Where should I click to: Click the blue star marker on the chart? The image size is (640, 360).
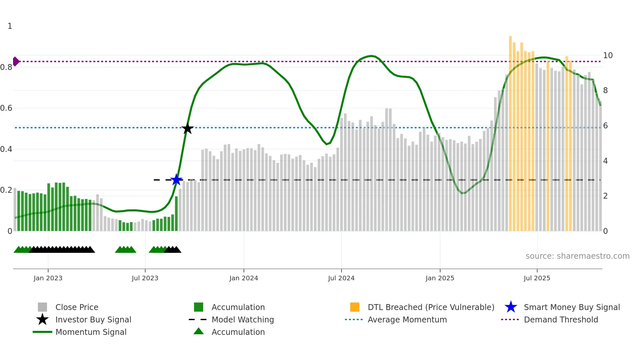[176, 180]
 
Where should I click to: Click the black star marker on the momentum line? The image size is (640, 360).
[187, 128]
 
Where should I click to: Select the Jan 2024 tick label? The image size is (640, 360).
[244, 278]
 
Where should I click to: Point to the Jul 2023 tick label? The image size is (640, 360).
[145, 278]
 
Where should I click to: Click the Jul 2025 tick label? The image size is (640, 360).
[537, 278]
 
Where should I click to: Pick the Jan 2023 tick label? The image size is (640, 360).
[48, 278]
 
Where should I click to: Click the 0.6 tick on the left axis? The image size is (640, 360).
[7, 108]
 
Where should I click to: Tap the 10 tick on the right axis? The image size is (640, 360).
[608, 56]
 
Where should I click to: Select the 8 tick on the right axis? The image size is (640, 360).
[605, 90]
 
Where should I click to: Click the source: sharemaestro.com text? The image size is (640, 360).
[577, 256]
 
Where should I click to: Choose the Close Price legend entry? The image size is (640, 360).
[77, 307]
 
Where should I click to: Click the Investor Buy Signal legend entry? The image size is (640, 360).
[93, 319]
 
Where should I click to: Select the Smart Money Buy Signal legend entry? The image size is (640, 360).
[571, 307]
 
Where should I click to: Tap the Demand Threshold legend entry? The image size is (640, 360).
[561, 319]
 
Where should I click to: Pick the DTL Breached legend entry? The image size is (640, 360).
[431, 307]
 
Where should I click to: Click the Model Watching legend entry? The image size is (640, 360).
[243, 319]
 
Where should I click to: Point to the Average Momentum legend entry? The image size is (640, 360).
[407, 319]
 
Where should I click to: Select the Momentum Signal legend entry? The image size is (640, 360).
[91, 332]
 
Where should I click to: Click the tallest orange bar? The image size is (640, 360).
[510, 131]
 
